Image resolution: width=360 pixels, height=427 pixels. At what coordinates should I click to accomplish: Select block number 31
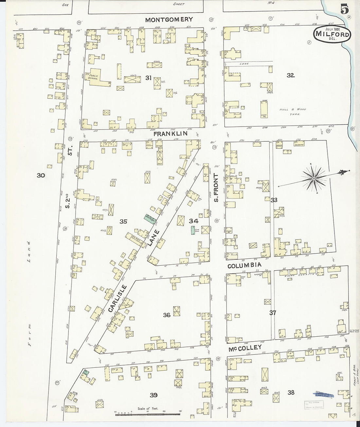pyautogui.click(x=148, y=78)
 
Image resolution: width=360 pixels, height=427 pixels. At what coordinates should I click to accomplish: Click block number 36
pyautogui.click(x=167, y=315)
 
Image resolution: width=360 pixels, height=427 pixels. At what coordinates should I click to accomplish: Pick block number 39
pyautogui.click(x=153, y=395)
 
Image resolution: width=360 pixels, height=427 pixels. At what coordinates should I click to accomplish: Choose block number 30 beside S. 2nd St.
pyautogui.click(x=41, y=175)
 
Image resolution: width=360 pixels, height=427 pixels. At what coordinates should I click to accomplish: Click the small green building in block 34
pyautogui.click(x=193, y=229)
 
